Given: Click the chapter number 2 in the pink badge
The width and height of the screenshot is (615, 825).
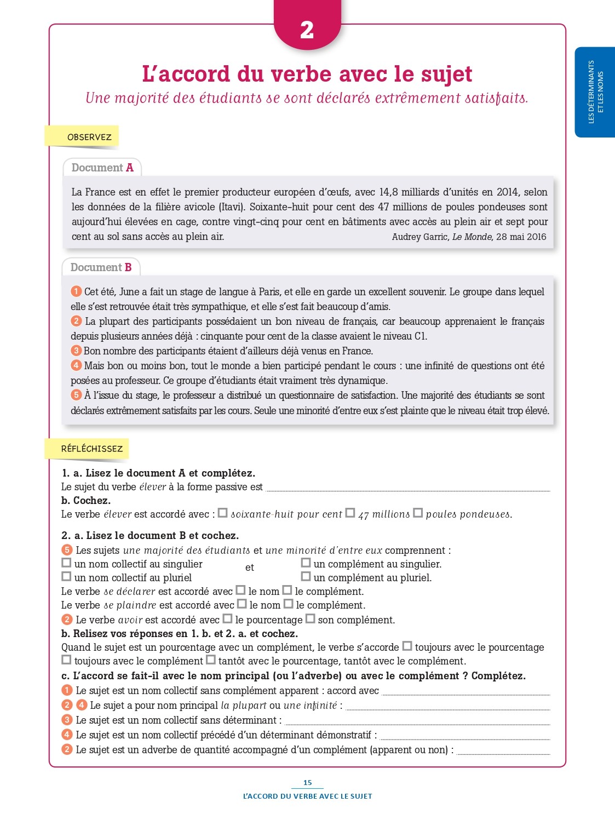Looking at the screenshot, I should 307,30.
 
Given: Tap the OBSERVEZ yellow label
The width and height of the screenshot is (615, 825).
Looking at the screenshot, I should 89,137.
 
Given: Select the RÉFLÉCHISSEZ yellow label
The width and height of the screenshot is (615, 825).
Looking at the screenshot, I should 91,449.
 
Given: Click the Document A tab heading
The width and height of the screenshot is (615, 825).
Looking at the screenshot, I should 102,168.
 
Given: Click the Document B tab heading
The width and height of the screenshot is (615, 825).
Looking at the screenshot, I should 101,267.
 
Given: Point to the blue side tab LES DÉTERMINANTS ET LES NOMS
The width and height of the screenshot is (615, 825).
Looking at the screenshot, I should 595,92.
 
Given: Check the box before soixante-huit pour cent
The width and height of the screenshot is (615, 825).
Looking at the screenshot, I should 222,513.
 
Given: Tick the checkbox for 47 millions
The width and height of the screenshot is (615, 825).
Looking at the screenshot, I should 350,513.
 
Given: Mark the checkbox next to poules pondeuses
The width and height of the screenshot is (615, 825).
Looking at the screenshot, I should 418,513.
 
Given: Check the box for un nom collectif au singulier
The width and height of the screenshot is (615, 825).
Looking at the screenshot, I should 66,563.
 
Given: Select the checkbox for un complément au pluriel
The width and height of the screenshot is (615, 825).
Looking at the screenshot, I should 306,576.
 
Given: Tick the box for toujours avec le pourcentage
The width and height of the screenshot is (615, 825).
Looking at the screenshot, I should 407,646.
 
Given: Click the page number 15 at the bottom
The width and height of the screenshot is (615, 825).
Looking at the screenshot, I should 307,783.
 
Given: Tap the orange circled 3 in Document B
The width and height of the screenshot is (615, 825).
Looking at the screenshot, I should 76,351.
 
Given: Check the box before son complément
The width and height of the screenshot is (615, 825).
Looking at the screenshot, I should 310,619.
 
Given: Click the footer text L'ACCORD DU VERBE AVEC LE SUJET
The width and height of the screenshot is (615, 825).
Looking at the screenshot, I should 307,796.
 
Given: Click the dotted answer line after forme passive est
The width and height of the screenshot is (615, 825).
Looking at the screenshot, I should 407,490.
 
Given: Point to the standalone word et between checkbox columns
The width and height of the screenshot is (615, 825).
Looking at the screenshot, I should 250,568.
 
